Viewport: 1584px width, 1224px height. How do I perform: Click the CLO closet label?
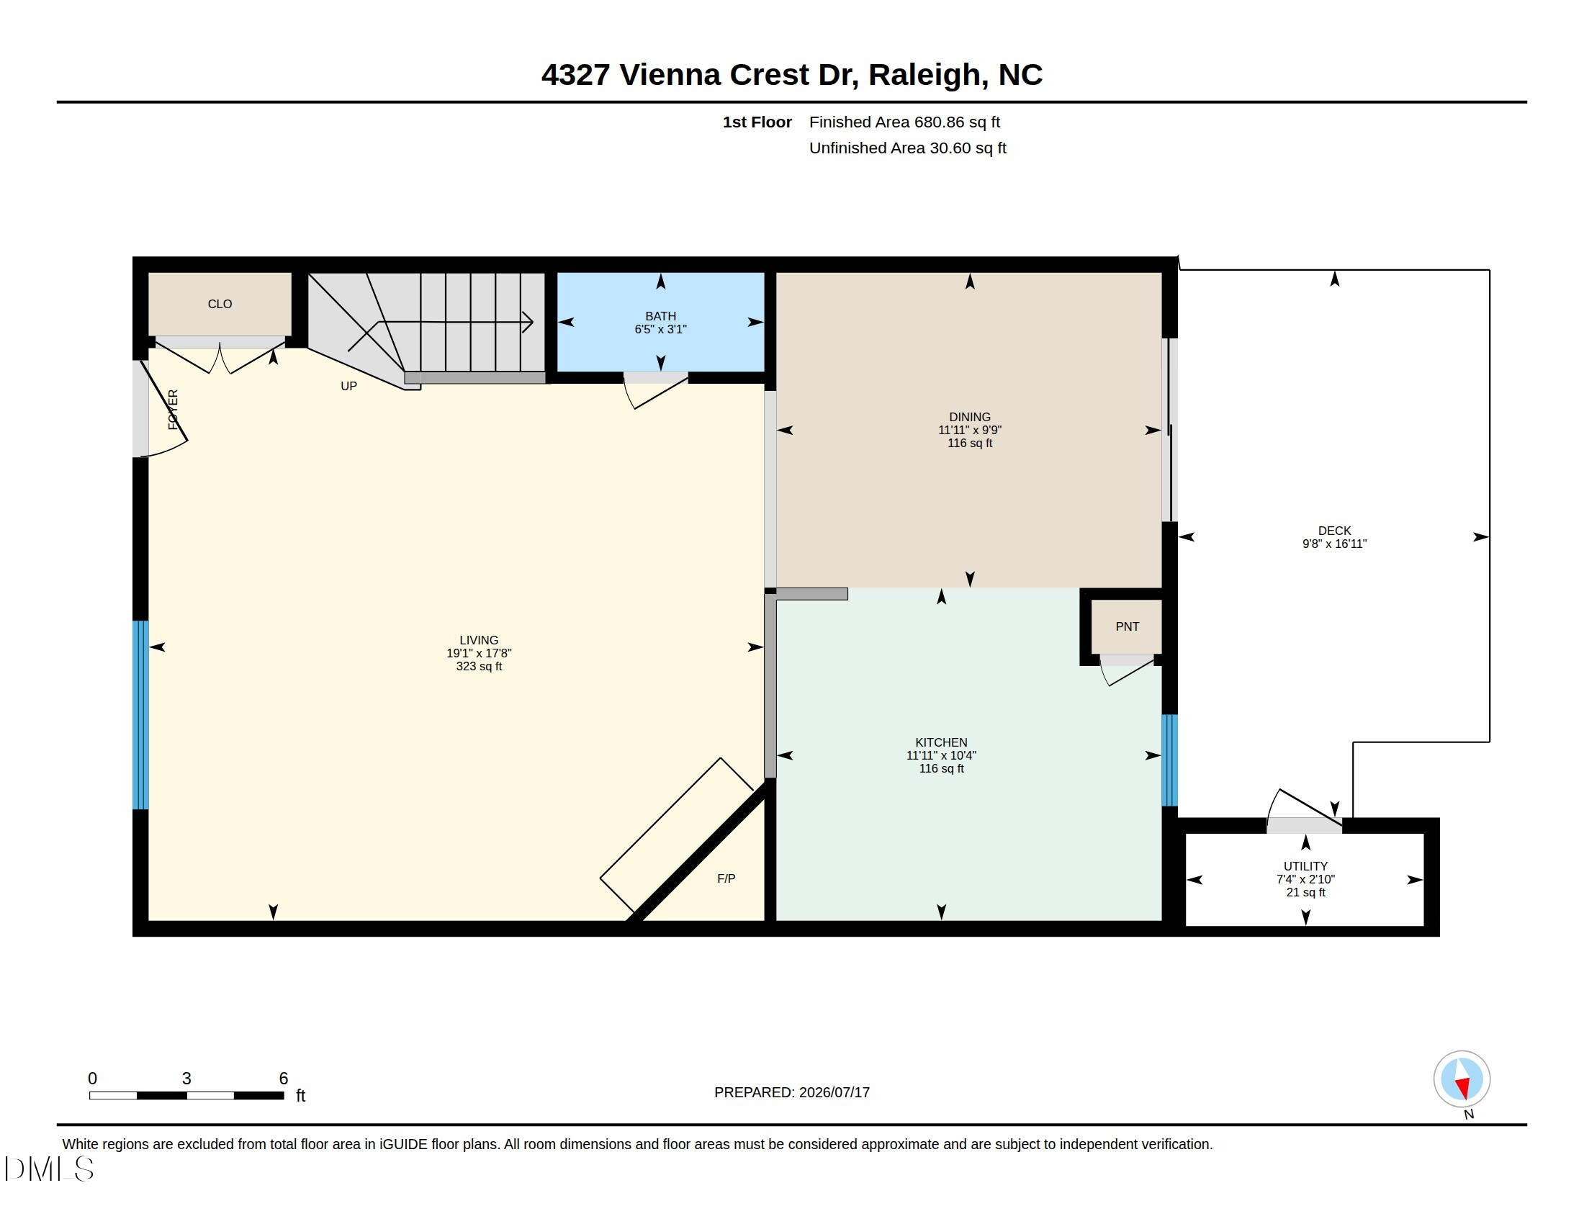pos(220,304)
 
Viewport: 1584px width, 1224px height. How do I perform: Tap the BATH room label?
pos(660,316)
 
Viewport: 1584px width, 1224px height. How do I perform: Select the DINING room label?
pos(970,417)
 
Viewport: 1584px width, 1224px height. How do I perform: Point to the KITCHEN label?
pos(941,742)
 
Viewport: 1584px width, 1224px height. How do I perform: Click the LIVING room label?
pos(479,640)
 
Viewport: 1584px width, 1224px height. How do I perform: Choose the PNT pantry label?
pos(1127,626)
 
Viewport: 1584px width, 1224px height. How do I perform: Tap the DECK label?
pos(1334,531)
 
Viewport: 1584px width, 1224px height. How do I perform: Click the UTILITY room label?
pos(1305,866)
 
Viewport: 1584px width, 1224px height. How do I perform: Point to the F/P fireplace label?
pos(726,879)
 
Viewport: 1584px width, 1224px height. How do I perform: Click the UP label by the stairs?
pos(349,387)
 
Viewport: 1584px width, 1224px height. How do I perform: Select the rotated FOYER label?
pos(173,410)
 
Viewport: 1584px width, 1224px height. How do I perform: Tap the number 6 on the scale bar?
pos(284,1079)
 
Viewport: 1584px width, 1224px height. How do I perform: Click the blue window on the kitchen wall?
pos(1169,760)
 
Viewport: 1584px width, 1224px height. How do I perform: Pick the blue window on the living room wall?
pos(140,715)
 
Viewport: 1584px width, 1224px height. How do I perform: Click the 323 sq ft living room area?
pos(479,667)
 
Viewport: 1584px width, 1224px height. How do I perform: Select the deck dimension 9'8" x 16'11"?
pos(1334,544)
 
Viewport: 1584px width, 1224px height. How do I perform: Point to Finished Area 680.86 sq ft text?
pos(904,122)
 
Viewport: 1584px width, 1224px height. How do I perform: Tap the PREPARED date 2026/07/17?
pos(834,1092)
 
